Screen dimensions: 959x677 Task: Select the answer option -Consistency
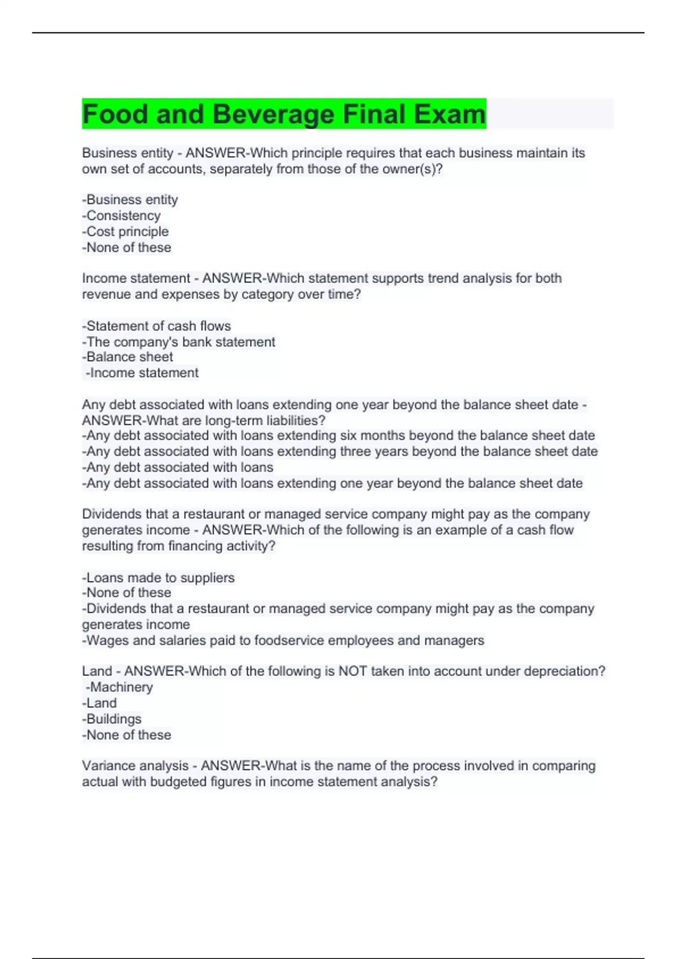(121, 215)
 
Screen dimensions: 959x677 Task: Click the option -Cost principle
(125, 231)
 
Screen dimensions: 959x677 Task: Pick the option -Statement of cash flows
(156, 326)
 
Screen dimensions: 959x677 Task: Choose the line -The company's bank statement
(178, 342)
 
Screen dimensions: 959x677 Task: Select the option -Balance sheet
(128, 357)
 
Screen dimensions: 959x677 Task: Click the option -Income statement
(142, 373)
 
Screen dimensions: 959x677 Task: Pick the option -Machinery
(120, 687)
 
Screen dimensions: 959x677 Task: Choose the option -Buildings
(112, 719)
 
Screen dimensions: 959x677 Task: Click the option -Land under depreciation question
(100, 703)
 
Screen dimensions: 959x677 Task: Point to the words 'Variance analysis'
(135, 766)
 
